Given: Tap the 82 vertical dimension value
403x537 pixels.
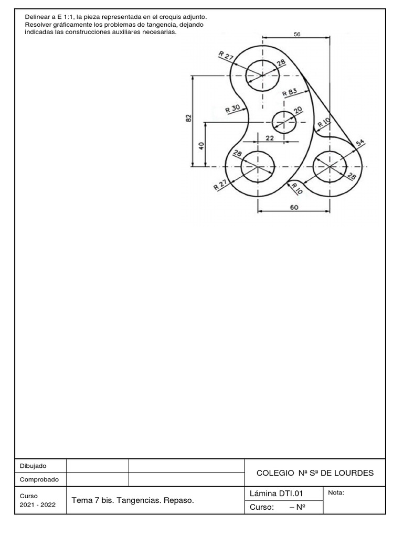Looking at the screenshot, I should click(x=189, y=119).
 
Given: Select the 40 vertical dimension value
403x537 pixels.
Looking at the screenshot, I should click(x=201, y=145).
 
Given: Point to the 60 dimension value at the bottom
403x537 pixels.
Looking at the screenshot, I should click(x=294, y=207).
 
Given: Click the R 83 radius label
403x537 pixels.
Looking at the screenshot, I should click(x=290, y=92).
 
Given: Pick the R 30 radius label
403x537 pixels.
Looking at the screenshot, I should click(x=232, y=109).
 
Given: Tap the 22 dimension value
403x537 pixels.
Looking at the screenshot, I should click(x=270, y=137).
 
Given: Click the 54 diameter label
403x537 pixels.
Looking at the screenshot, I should click(x=360, y=143).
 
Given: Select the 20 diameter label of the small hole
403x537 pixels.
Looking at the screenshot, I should click(x=298, y=110).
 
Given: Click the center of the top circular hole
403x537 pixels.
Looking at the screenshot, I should click(x=263, y=76).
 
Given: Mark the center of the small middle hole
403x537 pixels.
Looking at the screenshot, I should click(x=284, y=123).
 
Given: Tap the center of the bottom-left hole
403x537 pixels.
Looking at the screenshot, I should click(x=258, y=167).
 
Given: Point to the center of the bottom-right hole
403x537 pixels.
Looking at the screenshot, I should click(x=330, y=167).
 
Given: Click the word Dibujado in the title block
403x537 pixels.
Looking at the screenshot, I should click(x=33, y=466).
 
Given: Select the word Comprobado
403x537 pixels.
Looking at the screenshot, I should click(x=39, y=479).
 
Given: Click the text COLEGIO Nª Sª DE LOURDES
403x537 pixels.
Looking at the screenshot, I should click(x=315, y=473).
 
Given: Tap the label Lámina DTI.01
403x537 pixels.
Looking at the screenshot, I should click(x=277, y=493).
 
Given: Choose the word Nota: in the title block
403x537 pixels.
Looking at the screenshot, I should click(x=336, y=492).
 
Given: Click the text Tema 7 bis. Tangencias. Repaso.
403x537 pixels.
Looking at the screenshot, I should click(x=133, y=501).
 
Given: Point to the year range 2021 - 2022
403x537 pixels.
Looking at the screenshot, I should click(x=38, y=504).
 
